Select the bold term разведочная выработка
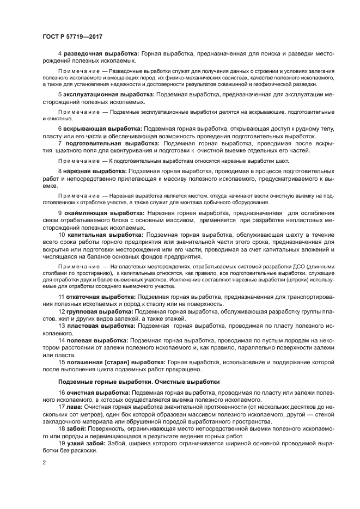point(102,54)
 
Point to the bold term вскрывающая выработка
point(103,128)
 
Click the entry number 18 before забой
point(61,428)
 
